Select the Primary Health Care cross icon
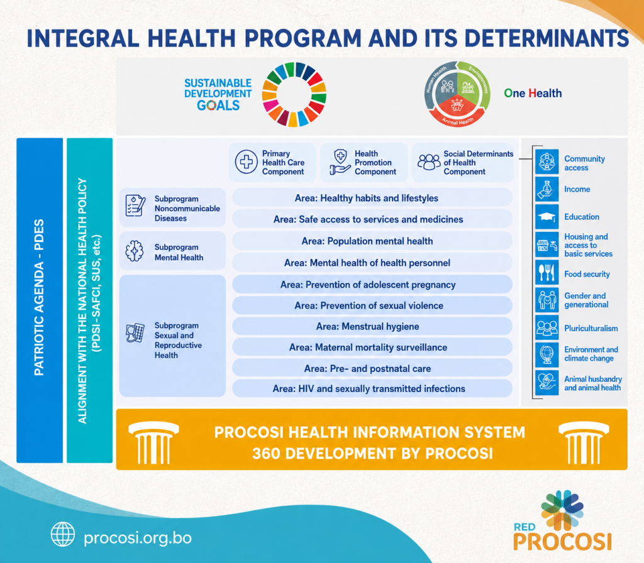[246, 161]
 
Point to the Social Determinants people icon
[429, 162]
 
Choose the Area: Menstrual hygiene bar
[372, 327]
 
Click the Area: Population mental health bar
[372, 241]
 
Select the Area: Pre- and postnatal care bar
[372, 368]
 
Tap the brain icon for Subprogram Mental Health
[135, 251]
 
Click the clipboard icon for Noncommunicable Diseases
[135, 205]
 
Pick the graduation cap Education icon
[547, 217]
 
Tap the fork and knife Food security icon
[547, 273]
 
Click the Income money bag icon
[547, 189]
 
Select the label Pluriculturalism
[591, 328]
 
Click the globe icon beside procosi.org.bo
[63, 534]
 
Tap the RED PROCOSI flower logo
[562, 510]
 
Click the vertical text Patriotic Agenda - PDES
[39, 298]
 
